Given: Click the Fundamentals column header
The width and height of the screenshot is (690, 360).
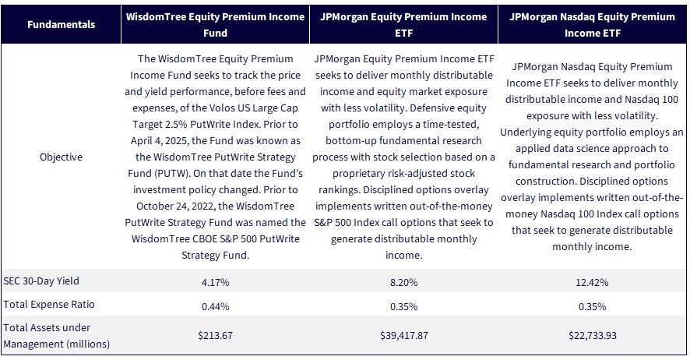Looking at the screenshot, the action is point(62,25).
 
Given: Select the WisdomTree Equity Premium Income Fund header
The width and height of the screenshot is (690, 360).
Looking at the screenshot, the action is point(215,25).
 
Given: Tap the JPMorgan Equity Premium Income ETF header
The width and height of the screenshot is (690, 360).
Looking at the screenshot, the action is point(403,25).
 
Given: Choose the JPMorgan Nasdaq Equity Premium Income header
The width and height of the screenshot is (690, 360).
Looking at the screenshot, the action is point(592,25).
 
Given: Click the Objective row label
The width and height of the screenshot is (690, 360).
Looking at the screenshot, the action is point(62,157).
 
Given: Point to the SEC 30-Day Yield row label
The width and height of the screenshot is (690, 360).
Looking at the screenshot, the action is point(41,281).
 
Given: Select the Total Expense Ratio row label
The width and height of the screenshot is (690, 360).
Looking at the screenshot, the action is point(49,305).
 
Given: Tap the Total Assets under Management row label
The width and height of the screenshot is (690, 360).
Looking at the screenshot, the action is point(56,336).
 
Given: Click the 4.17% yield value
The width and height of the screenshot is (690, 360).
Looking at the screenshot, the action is point(215,283).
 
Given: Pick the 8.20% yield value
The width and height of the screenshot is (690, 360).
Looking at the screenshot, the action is point(403,283).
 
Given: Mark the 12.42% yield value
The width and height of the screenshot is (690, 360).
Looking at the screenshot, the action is point(592,283).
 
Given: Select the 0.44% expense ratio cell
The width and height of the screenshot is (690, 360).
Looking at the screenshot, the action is point(215,306).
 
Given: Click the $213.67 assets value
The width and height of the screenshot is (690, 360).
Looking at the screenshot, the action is point(215,335).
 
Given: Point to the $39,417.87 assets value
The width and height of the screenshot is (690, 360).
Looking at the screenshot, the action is point(404,335).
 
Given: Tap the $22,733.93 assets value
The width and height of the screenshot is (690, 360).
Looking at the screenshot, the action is point(593,335).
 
